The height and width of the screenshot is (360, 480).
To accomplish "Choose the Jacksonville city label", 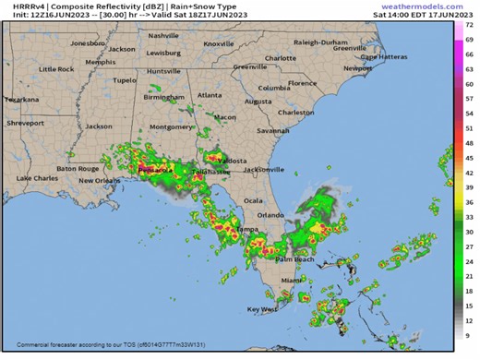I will [x=264, y=169].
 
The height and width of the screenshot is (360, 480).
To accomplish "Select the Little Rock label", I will [x=54, y=69].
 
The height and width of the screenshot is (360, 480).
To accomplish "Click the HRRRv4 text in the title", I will [x=17, y=6].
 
